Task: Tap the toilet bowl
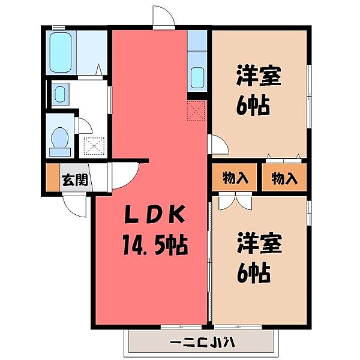pyautogui.click(x=60, y=142)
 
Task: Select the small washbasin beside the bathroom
pyautogui.click(x=59, y=94)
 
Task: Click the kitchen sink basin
pyautogui.click(x=197, y=78)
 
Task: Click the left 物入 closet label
pyautogui.click(x=235, y=178)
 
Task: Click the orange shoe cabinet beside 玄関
pyautogui.click(x=52, y=179)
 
